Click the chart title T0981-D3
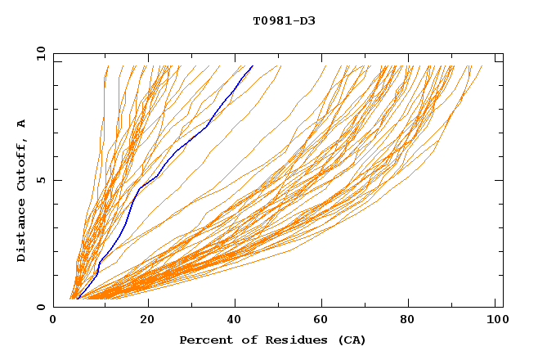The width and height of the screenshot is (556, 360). (x=284, y=20)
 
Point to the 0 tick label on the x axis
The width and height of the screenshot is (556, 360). (x=53, y=321)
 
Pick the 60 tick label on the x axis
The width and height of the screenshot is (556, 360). (x=325, y=321)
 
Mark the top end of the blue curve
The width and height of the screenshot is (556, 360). (x=253, y=65)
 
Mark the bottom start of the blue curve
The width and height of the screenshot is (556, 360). (x=77, y=299)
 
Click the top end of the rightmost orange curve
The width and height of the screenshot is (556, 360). (x=482, y=66)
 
